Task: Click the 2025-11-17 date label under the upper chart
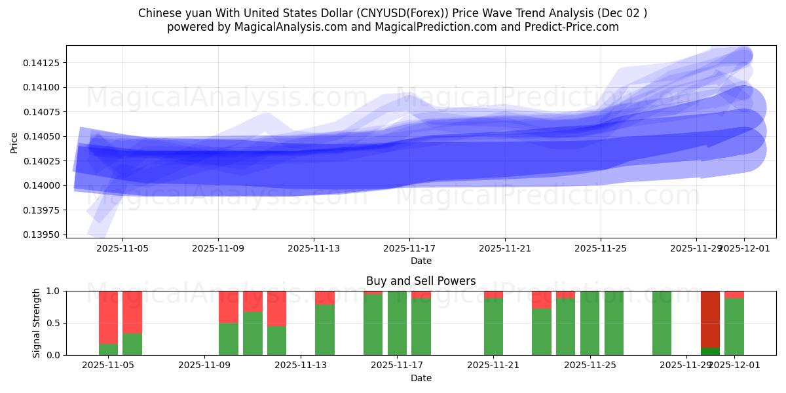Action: click(x=409, y=248)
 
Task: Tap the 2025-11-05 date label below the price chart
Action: click(x=123, y=248)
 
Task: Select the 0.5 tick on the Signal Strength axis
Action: click(x=54, y=323)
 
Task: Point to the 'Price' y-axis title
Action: click(x=14, y=141)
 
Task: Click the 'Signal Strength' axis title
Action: click(x=37, y=323)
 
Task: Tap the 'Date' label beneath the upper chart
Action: click(x=421, y=261)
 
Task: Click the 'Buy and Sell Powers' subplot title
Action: click(x=421, y=281)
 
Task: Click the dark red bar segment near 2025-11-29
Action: click(x=710, y=318)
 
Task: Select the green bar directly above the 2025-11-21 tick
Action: click(x=493, y=326)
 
